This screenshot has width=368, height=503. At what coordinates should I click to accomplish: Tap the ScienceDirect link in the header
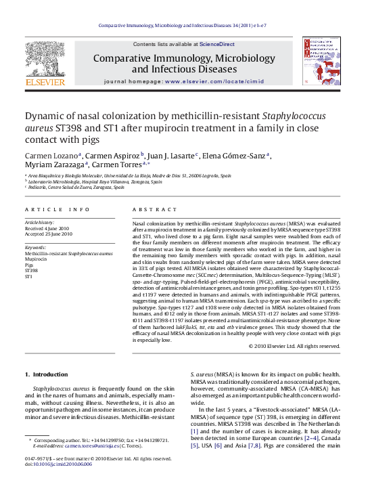click(x=217, y=44)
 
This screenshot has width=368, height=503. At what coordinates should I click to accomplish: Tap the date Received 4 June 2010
click(x=48, y=228)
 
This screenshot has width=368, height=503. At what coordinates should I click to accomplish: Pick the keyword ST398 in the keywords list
click(x=32, y=271)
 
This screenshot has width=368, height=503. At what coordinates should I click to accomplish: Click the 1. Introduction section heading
click(x=46, y=374)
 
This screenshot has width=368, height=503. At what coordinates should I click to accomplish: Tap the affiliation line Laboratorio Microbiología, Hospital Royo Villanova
click(x=95, y=182)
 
